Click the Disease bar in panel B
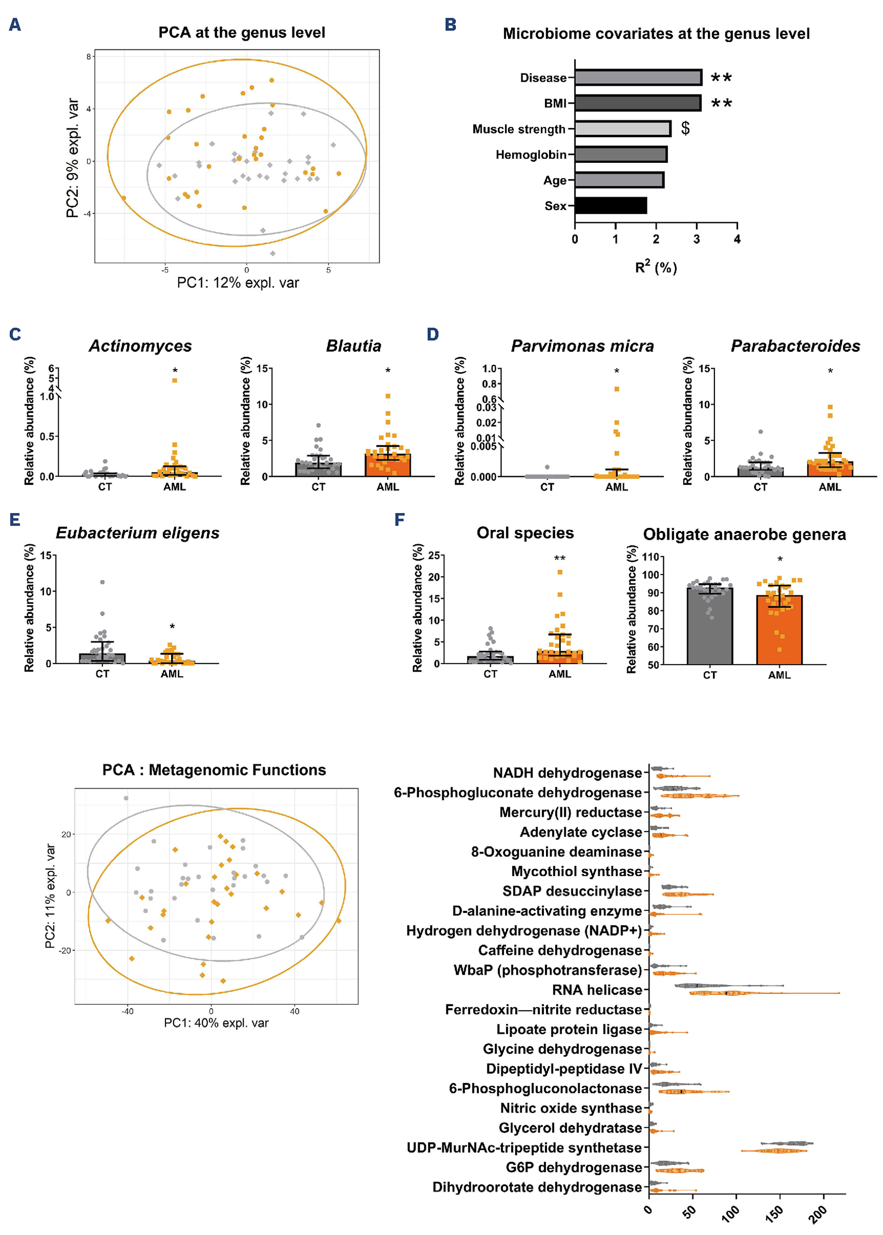[x=638, y=77]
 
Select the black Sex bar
[x=611, y=205]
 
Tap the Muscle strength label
[x=519, y=129]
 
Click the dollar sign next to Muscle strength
[x=686, y=128]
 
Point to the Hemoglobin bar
[x=621, y=155]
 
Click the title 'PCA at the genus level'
[x=241, y=33]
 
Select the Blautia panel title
[x=353, y=346]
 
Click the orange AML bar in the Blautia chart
[x=388, y=465]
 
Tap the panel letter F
[x=400, y=520]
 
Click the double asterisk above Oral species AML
[x=559, y=558]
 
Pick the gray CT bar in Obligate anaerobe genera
[x=709, y=625]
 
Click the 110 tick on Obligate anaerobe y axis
[x=650, y=557]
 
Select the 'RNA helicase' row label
[x=596, y=990]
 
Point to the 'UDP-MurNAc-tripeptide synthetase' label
[x=524, y=1148]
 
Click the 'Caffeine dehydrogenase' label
[x=559, y=950]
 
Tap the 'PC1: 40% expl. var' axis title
[x=216, y=1023]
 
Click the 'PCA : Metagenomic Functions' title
[x=214, y=770]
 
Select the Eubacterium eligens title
[x=138, y=533]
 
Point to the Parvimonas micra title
[x=582, y=346]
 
